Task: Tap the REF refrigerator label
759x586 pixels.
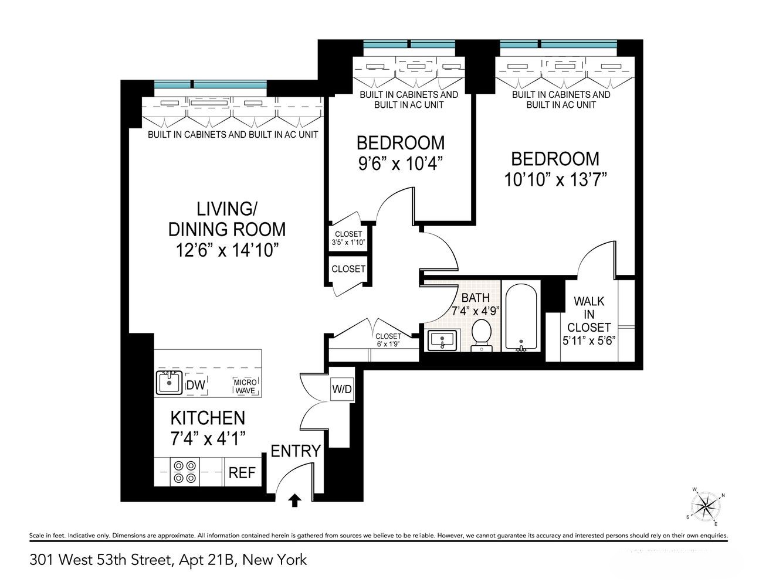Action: [x=242, y=472]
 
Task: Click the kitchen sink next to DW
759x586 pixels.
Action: [x=169, y=383]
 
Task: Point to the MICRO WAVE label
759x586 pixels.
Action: [x=245, y=386]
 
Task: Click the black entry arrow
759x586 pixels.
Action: [x=295, y=499]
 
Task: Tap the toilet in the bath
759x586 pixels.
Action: [x=482, y=335]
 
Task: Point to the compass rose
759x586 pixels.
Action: [x=706, y=505]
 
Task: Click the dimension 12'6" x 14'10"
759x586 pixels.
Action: [x=227, y=251]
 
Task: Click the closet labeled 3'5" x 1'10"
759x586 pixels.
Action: [x=348, y=239]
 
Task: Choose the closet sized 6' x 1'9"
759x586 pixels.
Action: [x=388, y=340]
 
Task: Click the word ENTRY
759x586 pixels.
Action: [x=296, y=451]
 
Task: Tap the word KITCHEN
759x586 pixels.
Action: [x=207, y=418]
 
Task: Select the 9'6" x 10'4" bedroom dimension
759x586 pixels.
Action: [x=400, y=163]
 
